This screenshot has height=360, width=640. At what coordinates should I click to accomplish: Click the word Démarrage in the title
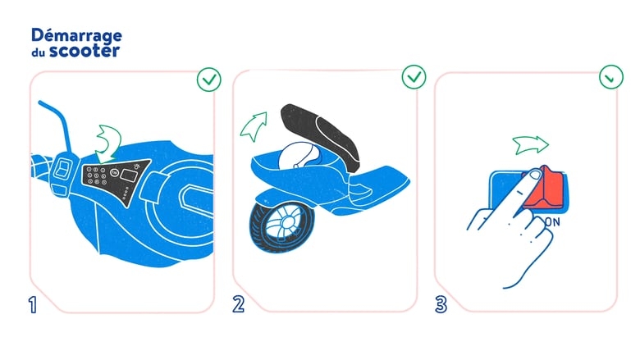coord(76,35)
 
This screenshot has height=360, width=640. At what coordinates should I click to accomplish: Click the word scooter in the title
coord(85,51)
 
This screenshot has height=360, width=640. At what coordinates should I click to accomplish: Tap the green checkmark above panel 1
coord(209,80)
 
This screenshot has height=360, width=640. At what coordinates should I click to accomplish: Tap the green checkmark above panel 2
coord(414,76)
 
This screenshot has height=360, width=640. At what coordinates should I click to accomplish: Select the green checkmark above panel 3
coord(611,76)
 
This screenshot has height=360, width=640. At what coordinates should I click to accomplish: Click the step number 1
coord(33,304)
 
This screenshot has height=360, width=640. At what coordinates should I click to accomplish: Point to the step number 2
coord(239,304)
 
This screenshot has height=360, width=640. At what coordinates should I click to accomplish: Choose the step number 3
coord(441,304)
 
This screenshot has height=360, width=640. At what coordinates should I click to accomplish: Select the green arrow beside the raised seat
coord(254,126)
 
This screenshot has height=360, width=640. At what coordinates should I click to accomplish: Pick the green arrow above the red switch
coord(531,144)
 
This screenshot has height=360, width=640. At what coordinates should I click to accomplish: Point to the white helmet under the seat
coord(298,156)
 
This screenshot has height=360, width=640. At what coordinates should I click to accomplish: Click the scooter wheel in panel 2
coord(282,226)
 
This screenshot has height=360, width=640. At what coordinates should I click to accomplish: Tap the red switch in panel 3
coord(545,189)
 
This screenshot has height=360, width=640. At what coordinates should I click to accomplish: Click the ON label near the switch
coord(553,222)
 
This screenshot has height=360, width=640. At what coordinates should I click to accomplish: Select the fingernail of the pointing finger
coord(533,175)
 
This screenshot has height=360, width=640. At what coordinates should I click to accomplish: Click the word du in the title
coord(38,52)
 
